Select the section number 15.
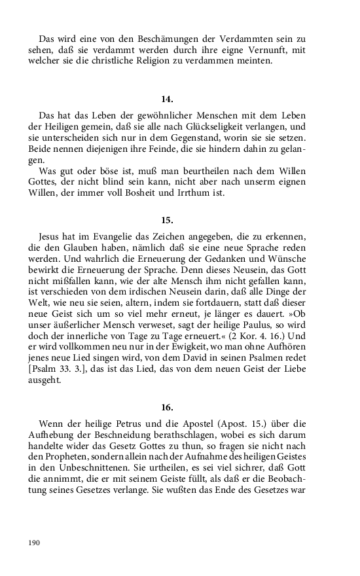point(167,221)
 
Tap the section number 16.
point(167,406)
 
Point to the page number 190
point(35,543)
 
